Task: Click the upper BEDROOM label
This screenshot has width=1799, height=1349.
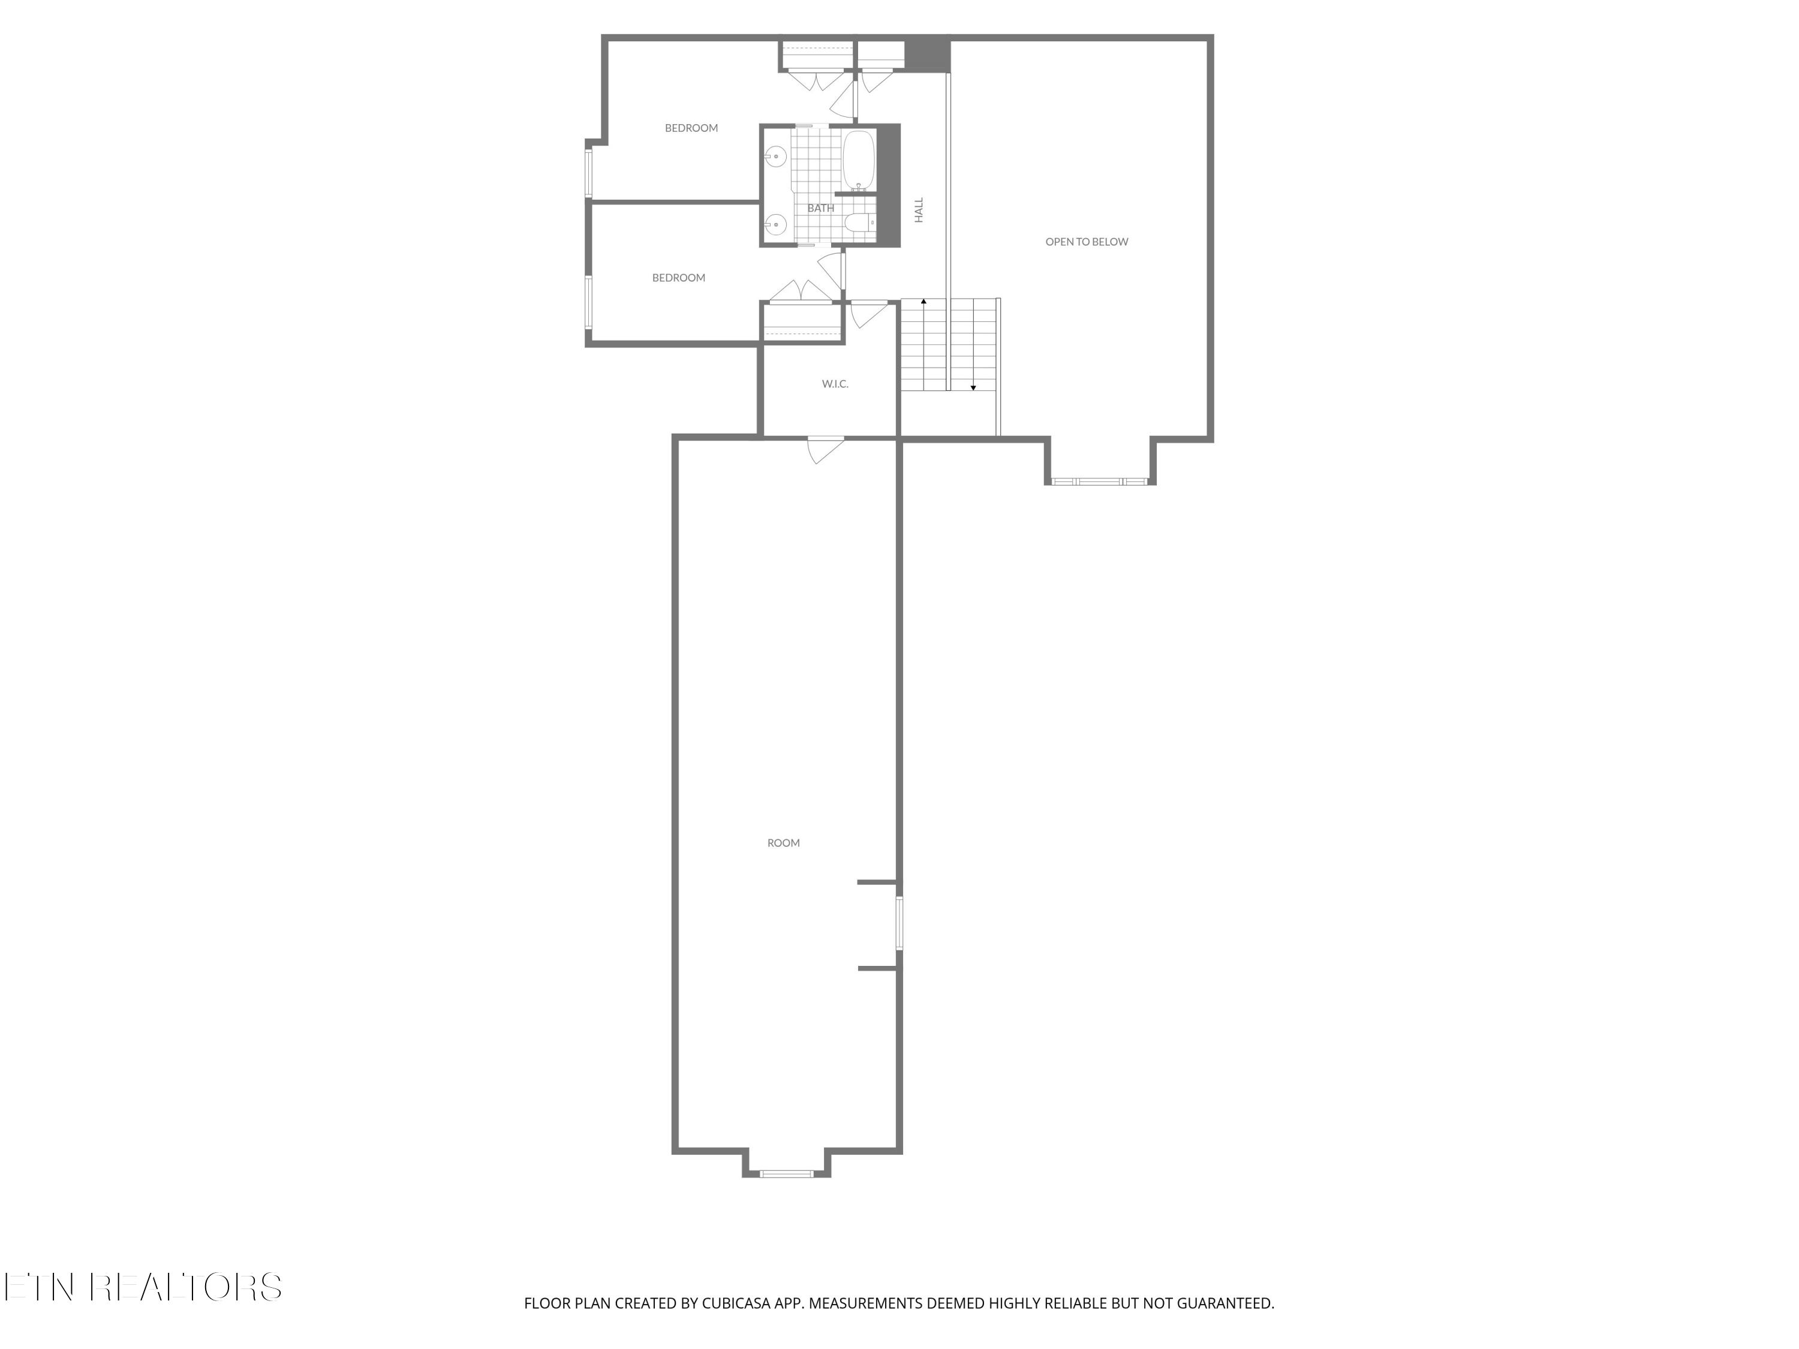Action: tap(691, 128)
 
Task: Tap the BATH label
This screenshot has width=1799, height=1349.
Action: tap(820, 208)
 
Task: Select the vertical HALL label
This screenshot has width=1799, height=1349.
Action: tap(919, 210)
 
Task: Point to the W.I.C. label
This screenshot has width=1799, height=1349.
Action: tap(835, 384)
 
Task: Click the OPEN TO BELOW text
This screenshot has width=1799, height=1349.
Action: tap(1087, 242)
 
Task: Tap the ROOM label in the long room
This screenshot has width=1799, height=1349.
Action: tap(783, 843)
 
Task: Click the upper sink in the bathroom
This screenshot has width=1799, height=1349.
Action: tap(776, 156)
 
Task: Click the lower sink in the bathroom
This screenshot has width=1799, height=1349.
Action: tap(776, 224)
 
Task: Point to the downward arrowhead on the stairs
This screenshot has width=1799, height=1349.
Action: tap(973, 388)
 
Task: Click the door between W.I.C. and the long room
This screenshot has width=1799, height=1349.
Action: tap(825, 450)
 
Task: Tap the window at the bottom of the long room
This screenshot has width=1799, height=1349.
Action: tap(786, 1173)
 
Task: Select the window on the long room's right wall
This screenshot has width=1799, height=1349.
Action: tap(899, 922)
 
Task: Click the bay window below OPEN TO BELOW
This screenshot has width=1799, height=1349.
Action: tap(1100, 481)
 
